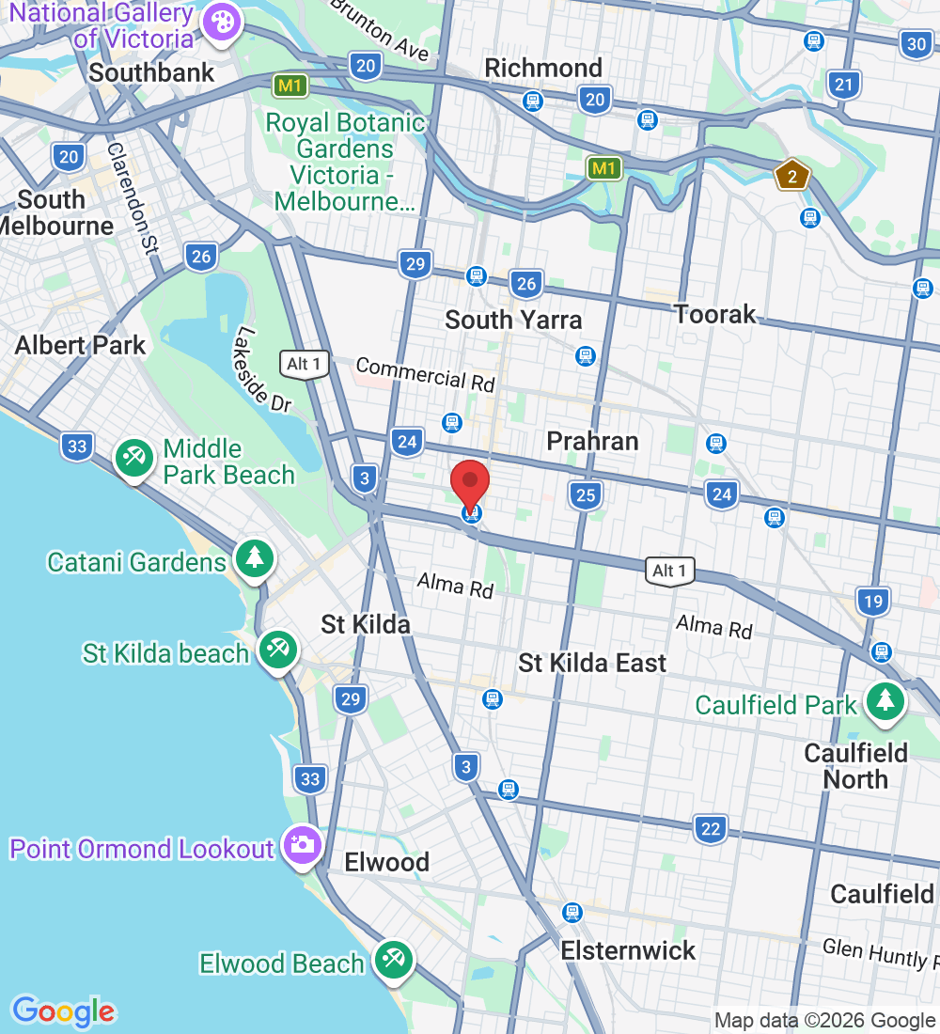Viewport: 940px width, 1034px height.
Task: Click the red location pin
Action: pos(470,485)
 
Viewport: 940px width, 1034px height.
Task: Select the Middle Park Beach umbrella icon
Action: pos(134,458)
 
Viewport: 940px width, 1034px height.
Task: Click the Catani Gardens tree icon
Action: pos(253,558)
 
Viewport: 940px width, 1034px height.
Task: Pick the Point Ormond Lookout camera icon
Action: pos(302,844)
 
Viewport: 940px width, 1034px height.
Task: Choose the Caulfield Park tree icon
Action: pos(885,700)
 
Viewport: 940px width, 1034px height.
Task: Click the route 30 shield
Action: pos(917,43)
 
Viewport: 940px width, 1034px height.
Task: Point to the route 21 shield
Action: pos(844,86)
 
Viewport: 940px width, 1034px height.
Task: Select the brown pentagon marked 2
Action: pos(792,176)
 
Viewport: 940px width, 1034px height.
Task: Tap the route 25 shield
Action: pos(585,494)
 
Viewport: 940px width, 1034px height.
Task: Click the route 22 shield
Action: pos(712,829)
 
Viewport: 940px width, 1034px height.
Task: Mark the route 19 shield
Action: pos(873,601)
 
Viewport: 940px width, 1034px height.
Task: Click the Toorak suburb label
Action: pos(715,314)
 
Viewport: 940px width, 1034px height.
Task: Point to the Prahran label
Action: pos(592,441)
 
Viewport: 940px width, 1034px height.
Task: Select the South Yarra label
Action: pos(513,320)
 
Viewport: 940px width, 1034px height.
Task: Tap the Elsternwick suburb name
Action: pos(628,950)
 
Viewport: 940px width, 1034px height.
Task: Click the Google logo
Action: pos(63,1011)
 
